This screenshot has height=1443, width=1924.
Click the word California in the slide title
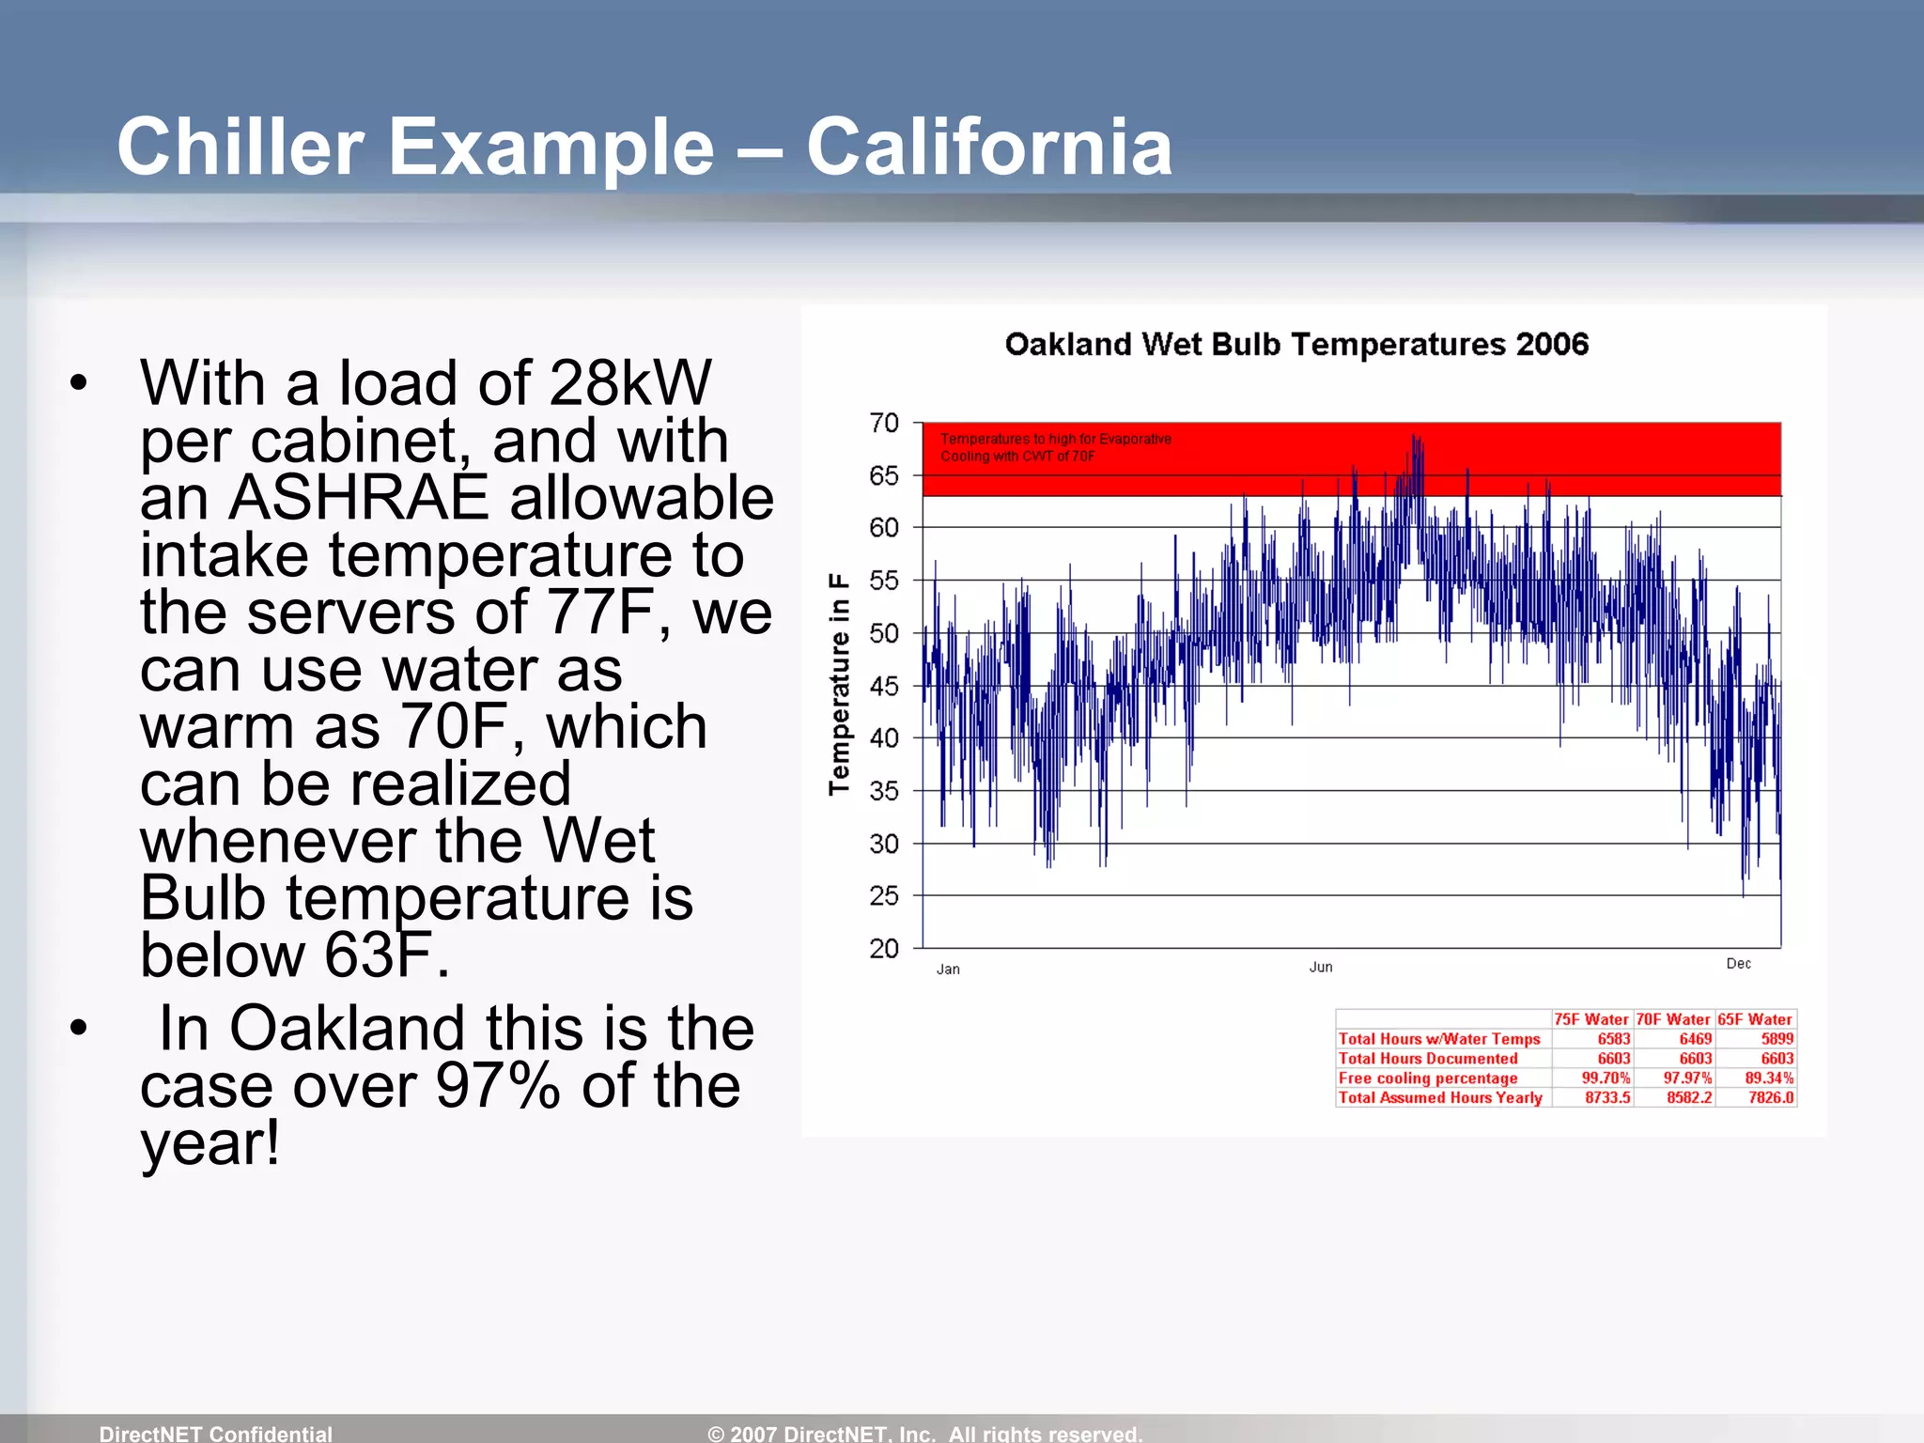pos(988,147)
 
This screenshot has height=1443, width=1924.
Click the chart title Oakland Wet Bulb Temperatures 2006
pos(1296,344)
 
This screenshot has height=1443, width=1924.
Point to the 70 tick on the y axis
pos(884,423)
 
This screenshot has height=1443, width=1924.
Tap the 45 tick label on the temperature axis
pos(884,686)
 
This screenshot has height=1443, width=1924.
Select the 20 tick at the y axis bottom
pos(884,948)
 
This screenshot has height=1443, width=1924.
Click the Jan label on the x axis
pos(948,969)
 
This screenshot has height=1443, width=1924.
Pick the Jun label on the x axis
pos(1321,967)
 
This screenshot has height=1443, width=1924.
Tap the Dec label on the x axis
pos(1738,964)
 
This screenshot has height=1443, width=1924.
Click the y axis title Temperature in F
pos(838,684)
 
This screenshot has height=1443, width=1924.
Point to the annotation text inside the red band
pos(1055,447)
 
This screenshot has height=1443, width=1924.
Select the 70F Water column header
pos(1673,1019)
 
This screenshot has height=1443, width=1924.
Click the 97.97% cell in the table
pos(1687,1078)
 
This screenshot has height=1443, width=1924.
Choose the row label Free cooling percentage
pos(1427,1078)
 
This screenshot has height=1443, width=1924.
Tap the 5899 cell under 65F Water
pos(1777,1039)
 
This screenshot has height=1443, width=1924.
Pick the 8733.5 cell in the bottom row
pos(1607,1097)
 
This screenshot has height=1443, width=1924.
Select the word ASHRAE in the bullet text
pos(359,497)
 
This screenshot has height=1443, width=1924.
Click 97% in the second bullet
pos(498,1086)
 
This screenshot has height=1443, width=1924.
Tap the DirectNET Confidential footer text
pos(215,1433)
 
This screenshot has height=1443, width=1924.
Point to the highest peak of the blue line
pos(1413,437)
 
